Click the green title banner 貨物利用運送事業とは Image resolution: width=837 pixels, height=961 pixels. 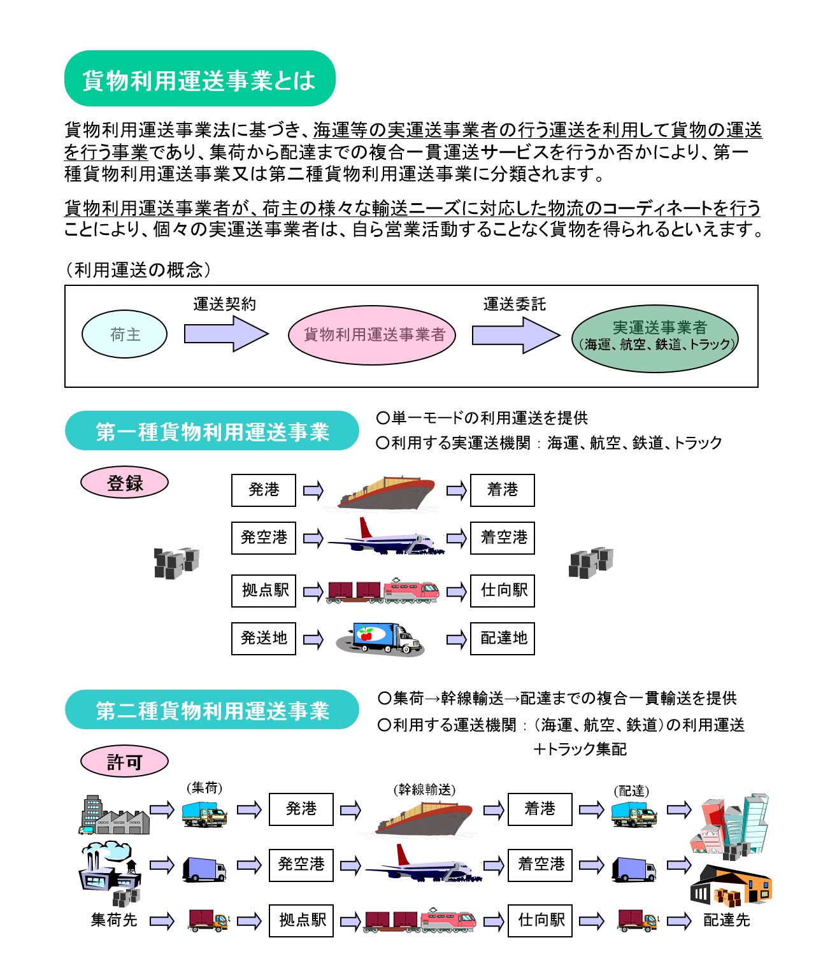click(199, 79)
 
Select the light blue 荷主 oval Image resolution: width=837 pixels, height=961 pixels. click(125, 334)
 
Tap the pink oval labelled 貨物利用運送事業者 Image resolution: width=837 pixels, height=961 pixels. click(373, 335)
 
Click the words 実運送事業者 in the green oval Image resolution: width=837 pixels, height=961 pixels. click(659, 327)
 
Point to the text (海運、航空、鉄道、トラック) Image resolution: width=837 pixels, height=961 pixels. click(657, 345)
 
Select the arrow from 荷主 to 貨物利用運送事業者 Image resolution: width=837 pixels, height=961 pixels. click(225, 334)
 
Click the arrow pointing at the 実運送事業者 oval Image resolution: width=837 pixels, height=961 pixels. click(514, 335)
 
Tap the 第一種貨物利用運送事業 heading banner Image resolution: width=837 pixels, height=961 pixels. click(212, 431)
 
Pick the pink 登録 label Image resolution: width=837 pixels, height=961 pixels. click(125, 483)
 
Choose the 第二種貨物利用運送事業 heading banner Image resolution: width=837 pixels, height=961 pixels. click(212, 710)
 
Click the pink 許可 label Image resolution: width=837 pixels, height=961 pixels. click(125, 762)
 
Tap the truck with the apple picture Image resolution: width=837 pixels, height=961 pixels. click(381, 639)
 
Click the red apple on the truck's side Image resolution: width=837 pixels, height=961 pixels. click(366, 634)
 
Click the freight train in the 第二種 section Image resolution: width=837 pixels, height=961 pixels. click(418, 921)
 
